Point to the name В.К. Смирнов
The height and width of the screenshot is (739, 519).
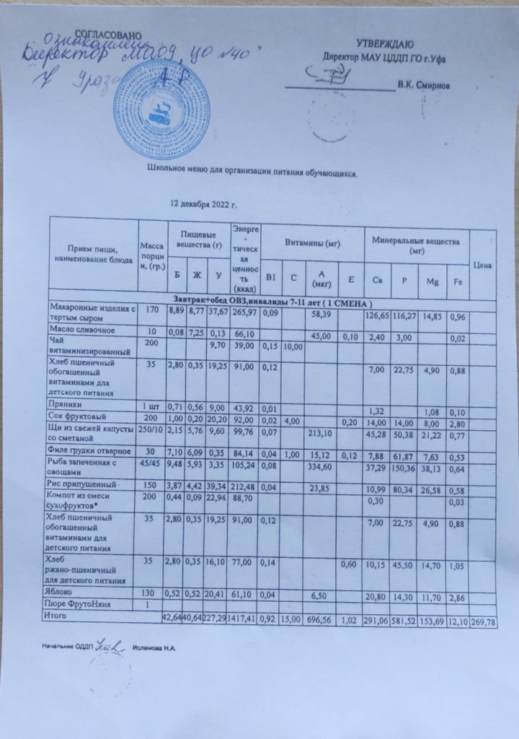(425, 85)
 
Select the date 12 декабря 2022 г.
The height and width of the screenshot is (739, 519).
(204, 204)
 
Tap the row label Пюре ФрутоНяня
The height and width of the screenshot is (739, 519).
(79, 604)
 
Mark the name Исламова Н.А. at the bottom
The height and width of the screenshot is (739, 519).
(155, 650)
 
